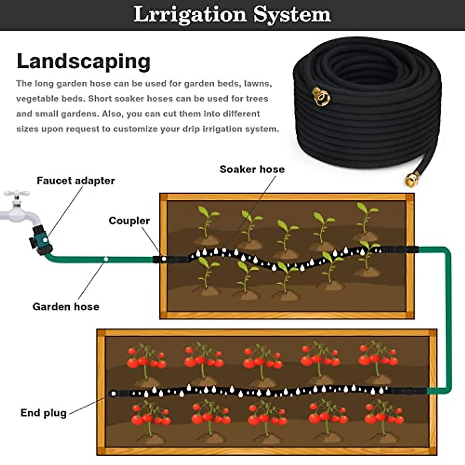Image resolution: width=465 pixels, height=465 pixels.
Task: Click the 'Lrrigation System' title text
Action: [232, 15]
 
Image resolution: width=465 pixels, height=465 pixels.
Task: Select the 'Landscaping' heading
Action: [83, 61]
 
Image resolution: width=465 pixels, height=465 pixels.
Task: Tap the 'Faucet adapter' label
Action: [76, 181]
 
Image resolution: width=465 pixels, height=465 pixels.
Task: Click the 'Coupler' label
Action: [129, 220]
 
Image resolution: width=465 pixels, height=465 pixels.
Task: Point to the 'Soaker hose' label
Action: [252, 169]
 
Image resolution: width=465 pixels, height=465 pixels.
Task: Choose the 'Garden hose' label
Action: [65, 307]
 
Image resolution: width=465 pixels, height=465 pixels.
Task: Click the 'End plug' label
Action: [43, 413]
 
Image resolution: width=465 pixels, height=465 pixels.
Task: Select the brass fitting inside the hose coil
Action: [322, 96]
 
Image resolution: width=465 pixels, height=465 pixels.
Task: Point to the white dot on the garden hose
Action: [106, 259]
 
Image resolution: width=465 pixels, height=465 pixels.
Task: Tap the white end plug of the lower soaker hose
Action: [113, 394]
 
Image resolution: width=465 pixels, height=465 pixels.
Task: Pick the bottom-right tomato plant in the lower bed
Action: [384, 417]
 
